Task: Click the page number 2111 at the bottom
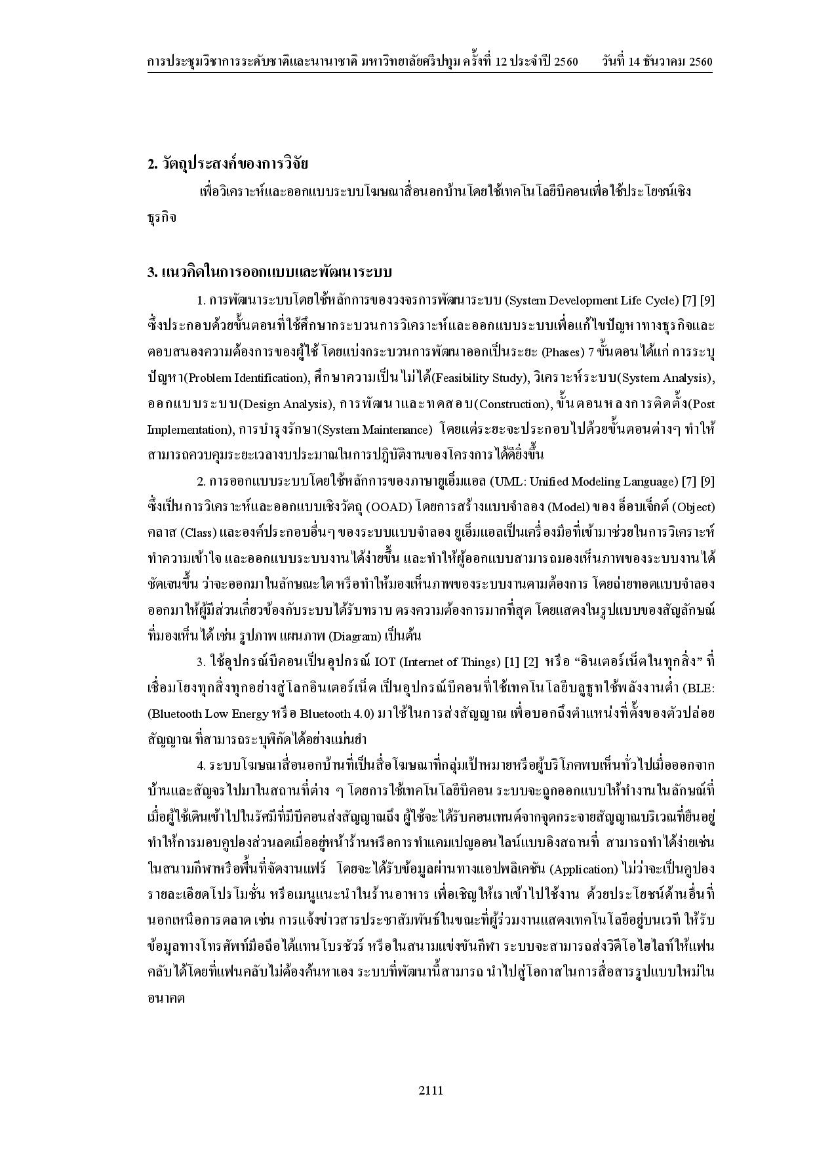(431, 1091)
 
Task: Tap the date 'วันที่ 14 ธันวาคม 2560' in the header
(657, 62)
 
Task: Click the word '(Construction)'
(513, 404)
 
